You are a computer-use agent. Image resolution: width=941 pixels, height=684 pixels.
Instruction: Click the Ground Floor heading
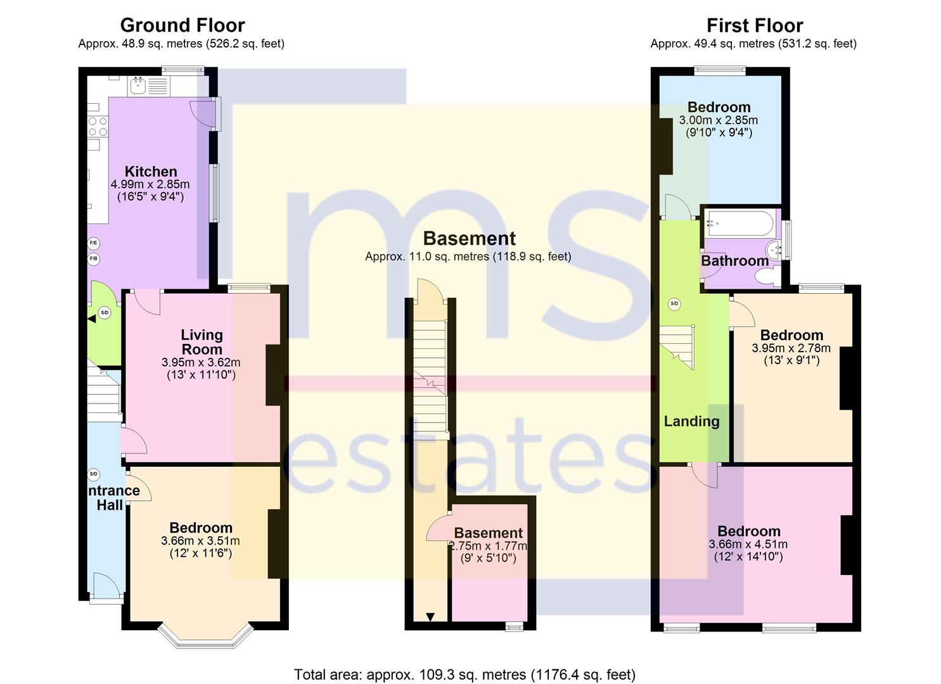point(182,25)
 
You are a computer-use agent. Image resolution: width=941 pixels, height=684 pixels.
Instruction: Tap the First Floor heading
point(755,25)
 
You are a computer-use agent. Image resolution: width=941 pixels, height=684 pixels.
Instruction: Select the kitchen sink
point(138,85)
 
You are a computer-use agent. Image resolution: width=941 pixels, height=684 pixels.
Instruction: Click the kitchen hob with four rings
point(98,127)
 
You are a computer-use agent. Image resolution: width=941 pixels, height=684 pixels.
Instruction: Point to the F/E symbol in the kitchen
point(94,243)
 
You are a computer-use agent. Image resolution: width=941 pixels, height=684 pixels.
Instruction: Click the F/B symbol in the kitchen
point(94,258)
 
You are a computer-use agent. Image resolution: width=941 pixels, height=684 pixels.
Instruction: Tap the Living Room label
point(202,342)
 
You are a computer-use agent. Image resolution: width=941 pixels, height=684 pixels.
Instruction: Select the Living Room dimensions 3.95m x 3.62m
point(201,362)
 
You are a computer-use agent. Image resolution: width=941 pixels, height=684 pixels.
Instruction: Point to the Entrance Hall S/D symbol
point(93,474)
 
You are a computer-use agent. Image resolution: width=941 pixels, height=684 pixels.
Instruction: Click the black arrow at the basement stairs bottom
point(430,617)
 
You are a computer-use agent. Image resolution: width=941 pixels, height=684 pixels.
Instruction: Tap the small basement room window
point(515,627)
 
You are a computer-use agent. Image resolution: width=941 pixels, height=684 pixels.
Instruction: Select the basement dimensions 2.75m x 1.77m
point(488,547)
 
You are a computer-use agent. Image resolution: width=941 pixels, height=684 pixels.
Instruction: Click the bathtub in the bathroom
point(740,223)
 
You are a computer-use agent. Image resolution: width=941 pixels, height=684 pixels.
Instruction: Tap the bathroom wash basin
point(774,251)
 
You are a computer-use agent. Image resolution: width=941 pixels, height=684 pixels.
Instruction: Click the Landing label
point(691,421)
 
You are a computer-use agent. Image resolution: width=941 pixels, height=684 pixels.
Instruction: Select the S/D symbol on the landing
point(674,303)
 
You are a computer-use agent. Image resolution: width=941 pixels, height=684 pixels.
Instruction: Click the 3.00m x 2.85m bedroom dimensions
point(719,120)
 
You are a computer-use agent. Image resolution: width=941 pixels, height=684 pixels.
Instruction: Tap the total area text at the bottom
point(464,663)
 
